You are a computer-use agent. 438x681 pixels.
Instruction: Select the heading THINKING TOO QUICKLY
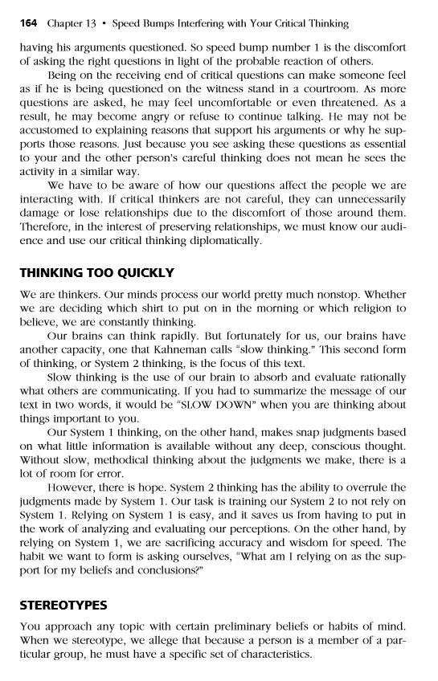[96, 272]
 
